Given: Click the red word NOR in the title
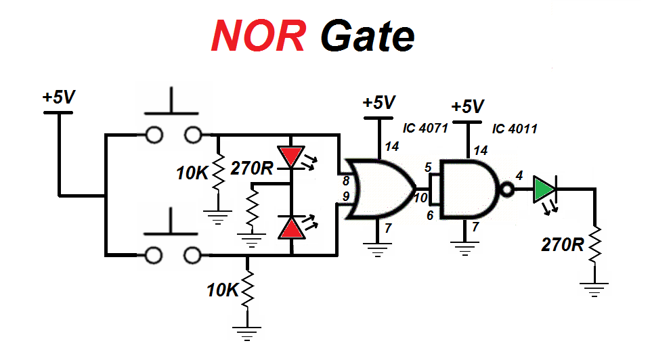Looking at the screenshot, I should point(258,35).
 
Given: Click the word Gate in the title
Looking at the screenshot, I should point(366,36).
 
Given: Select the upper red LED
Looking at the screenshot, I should point(292,158).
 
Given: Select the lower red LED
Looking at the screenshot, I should point(292,228).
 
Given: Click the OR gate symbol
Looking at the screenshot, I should point(379,189).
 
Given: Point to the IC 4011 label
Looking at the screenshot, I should point(515,128).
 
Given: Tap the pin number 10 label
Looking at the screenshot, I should point(421,198).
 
